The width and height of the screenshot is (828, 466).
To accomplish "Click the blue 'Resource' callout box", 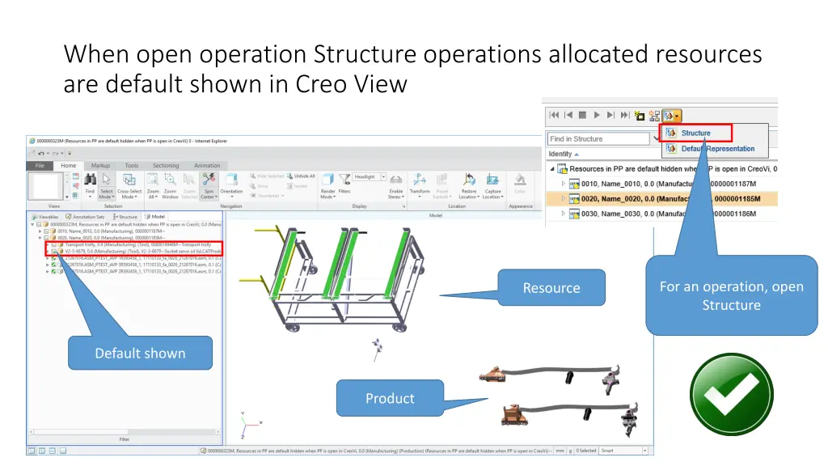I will (551, 288).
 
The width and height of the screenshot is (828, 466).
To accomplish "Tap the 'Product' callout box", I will (390, 398).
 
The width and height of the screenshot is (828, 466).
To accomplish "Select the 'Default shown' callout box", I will (140, 354).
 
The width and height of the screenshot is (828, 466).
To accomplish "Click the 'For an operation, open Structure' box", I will (731, 296).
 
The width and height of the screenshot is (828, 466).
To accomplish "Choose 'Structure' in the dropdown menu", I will (695, 133).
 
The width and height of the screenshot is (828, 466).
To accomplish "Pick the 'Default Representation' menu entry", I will (717, 149).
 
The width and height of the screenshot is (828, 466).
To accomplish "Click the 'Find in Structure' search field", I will (598, 139).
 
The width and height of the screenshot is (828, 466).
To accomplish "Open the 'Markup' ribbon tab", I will (100, 165).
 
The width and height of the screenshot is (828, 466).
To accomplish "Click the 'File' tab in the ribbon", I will (39, 166).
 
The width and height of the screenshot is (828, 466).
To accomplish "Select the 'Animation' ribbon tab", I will (207, 165).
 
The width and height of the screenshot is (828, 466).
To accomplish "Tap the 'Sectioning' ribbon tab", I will (166, 165).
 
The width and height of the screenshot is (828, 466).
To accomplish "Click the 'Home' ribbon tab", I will (68, 166).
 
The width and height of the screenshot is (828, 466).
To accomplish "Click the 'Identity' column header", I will (561, 154).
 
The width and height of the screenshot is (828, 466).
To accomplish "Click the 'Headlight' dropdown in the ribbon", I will (369, 176).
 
